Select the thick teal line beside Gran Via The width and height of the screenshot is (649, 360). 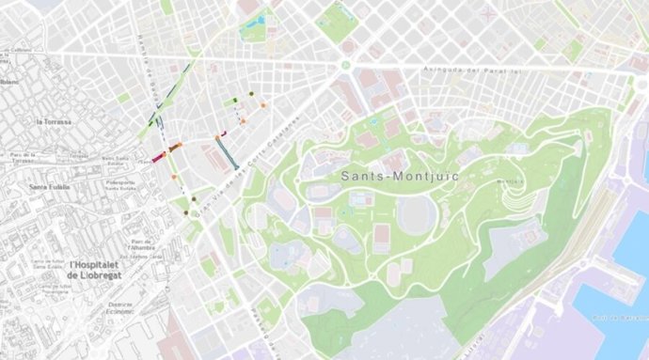[225, 150]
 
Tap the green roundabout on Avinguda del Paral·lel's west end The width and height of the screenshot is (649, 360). [346, 66]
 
